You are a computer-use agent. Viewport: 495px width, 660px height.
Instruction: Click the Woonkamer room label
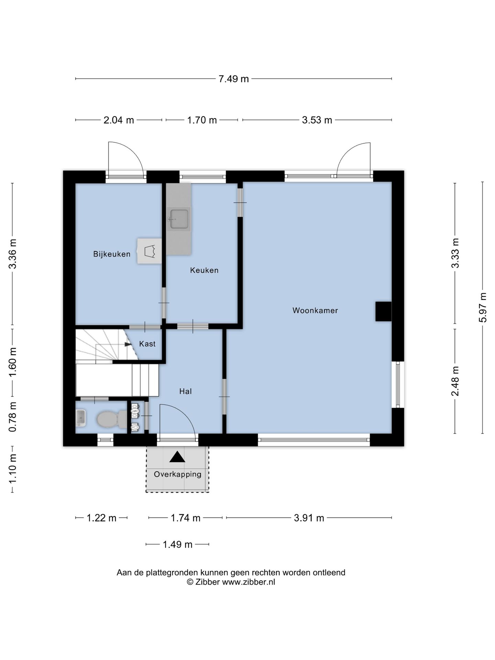315,310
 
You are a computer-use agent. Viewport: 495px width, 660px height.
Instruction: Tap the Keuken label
204,270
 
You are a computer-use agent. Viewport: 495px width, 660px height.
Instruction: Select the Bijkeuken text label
112,254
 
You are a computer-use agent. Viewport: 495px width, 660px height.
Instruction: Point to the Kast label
147,344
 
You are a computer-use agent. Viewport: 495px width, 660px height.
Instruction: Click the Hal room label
185,391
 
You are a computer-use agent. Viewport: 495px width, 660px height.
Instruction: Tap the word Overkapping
177,474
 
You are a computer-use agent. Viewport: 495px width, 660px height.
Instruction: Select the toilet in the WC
112,419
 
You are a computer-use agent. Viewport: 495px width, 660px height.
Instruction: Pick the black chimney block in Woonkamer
383,311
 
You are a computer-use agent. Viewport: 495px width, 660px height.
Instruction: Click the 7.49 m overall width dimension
234,79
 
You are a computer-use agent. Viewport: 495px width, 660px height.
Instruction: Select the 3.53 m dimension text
317,120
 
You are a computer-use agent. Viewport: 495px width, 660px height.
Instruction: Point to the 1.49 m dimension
177,544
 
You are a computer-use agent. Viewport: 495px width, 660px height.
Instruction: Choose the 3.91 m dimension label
309,518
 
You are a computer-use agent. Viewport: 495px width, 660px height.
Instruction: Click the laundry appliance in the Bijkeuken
149,251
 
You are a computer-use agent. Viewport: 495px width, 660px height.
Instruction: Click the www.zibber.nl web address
249,582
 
